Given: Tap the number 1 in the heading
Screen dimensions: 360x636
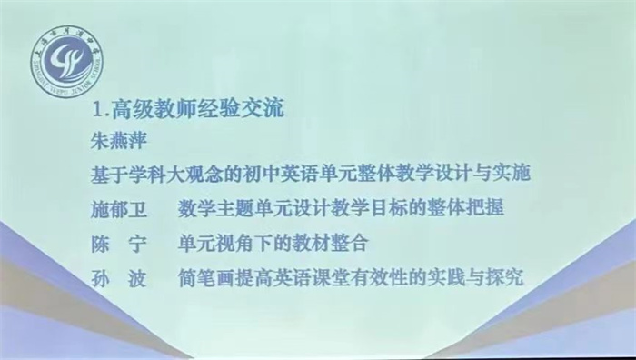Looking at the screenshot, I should coord(101,113).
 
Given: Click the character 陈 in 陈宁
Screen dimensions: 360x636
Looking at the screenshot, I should coord(102,243).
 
